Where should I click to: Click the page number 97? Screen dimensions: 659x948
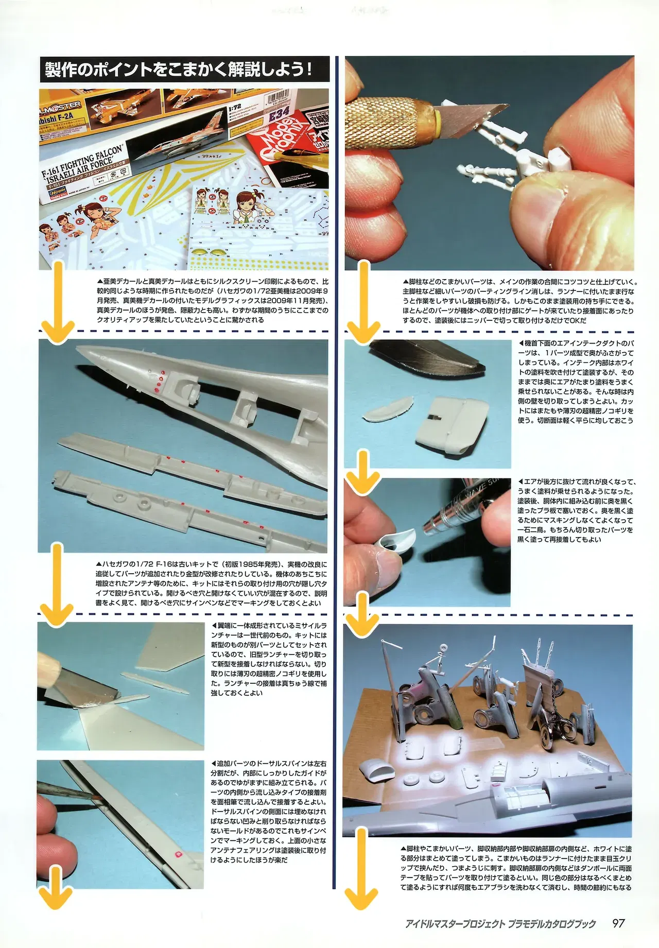coord(618,923)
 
